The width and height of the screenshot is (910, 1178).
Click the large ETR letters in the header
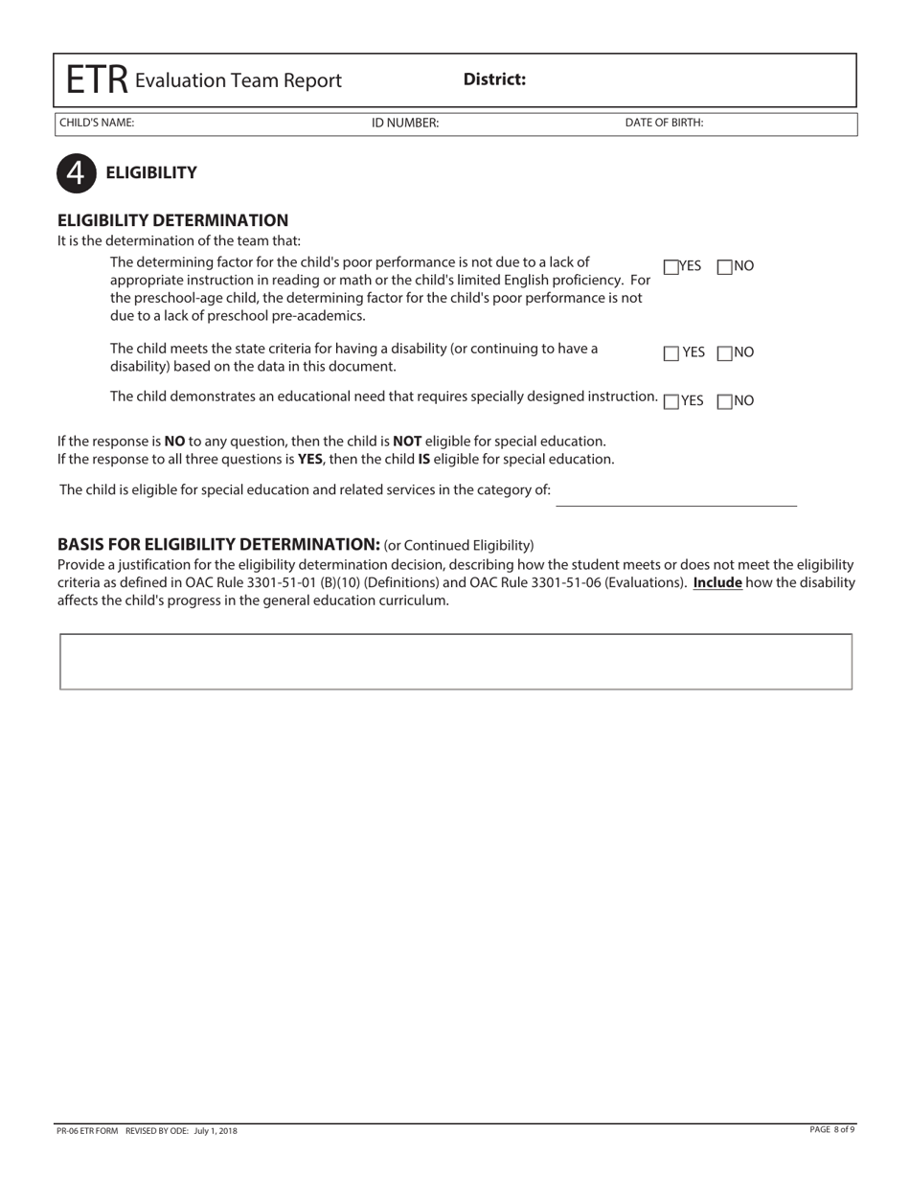point(96,80)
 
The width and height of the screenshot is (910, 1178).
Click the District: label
point(494,79)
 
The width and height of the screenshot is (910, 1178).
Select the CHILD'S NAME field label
point(97,123)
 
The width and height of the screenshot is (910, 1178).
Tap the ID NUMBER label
point(405,123)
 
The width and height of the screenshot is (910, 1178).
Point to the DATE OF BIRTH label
point(664,123)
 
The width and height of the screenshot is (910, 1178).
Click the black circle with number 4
point(76,172)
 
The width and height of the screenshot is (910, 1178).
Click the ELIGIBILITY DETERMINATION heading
point(172,220)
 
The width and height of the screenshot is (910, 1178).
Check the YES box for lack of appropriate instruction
point(671,266)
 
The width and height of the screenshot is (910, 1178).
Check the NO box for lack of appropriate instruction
point(724,266)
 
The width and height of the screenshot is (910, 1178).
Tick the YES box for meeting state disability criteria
point(671,353)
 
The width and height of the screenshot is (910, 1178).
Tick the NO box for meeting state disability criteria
point(724,353)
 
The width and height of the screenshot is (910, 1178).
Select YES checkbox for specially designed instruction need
point(671,401)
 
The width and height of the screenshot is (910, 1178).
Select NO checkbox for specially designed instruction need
point(724,401)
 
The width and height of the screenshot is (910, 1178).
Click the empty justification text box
point(456,661)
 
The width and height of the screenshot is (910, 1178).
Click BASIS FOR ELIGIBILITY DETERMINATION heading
point(218,544)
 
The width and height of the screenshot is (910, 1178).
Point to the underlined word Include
point(717,582)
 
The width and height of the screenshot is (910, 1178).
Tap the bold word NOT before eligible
point(407,442)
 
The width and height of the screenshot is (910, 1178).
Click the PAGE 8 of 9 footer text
point(831,1130)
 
